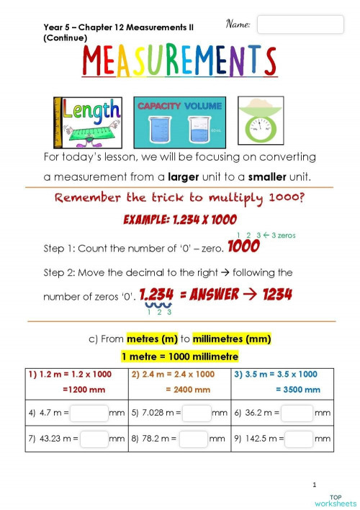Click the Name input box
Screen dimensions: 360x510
point(300,24)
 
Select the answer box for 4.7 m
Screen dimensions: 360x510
point(89,413)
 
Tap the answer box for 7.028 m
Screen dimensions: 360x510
point(196,413)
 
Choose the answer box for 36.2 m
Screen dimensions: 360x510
point(297,413)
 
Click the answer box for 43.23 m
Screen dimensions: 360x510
point(94,438)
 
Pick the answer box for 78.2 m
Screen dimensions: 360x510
point(193,438)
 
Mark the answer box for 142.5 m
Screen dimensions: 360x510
point(299,438)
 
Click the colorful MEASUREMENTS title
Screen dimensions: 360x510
point(179,62)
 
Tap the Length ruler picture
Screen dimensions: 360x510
point(88,122)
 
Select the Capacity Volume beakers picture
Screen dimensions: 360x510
point(179,122)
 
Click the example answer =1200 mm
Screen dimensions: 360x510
point(84,389)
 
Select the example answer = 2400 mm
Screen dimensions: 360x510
point(188,389)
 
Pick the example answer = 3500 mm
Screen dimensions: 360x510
point(298,389)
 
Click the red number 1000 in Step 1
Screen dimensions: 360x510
point(243,249)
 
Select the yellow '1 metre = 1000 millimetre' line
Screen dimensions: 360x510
point(179,357)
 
